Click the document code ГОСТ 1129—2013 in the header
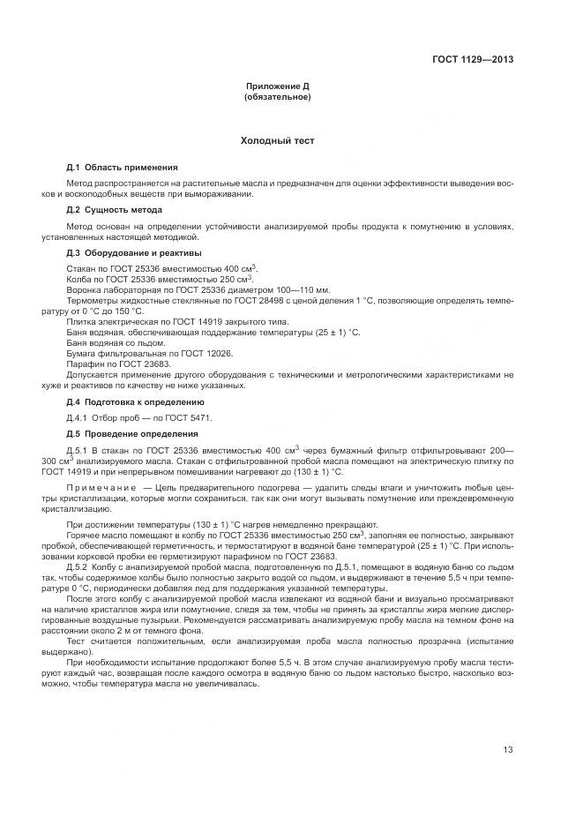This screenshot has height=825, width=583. [473, 60]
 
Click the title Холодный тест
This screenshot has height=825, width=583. [277, 140]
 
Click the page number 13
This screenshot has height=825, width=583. [507, 750]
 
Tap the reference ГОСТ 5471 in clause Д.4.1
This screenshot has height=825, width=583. [191, 417]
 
